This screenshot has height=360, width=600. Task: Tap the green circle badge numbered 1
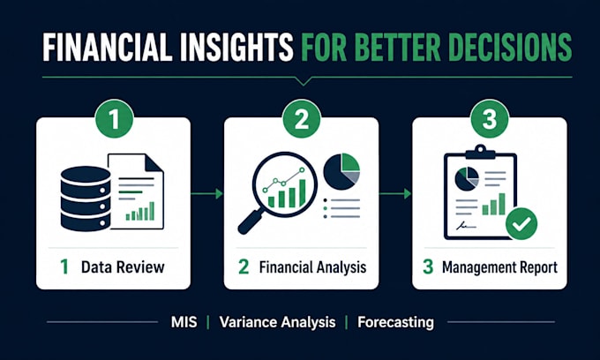pos(115,119)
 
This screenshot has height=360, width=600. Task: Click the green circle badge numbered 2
pos(302,119)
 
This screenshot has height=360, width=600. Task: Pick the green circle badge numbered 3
pos(490,119)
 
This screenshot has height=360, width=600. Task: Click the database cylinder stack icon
pos(86,199)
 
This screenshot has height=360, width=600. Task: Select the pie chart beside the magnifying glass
pos(341,171)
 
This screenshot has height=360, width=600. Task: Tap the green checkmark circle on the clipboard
pos(521,224)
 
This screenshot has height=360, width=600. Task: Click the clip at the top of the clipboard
pos(480,152)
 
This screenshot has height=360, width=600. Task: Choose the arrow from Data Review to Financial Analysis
pos(206,193)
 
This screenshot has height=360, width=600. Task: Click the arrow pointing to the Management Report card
pos(395,193)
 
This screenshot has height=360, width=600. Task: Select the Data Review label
pos(123,267)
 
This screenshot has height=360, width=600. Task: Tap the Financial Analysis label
pos(312,267)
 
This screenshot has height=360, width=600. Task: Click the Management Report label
pos(499,267)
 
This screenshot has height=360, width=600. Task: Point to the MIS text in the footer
pos(184,322)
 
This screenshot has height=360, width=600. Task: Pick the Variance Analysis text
pos(277,322)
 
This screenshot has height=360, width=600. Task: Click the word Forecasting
pos(395,322)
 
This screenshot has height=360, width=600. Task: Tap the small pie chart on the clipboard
pos(467,179)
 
